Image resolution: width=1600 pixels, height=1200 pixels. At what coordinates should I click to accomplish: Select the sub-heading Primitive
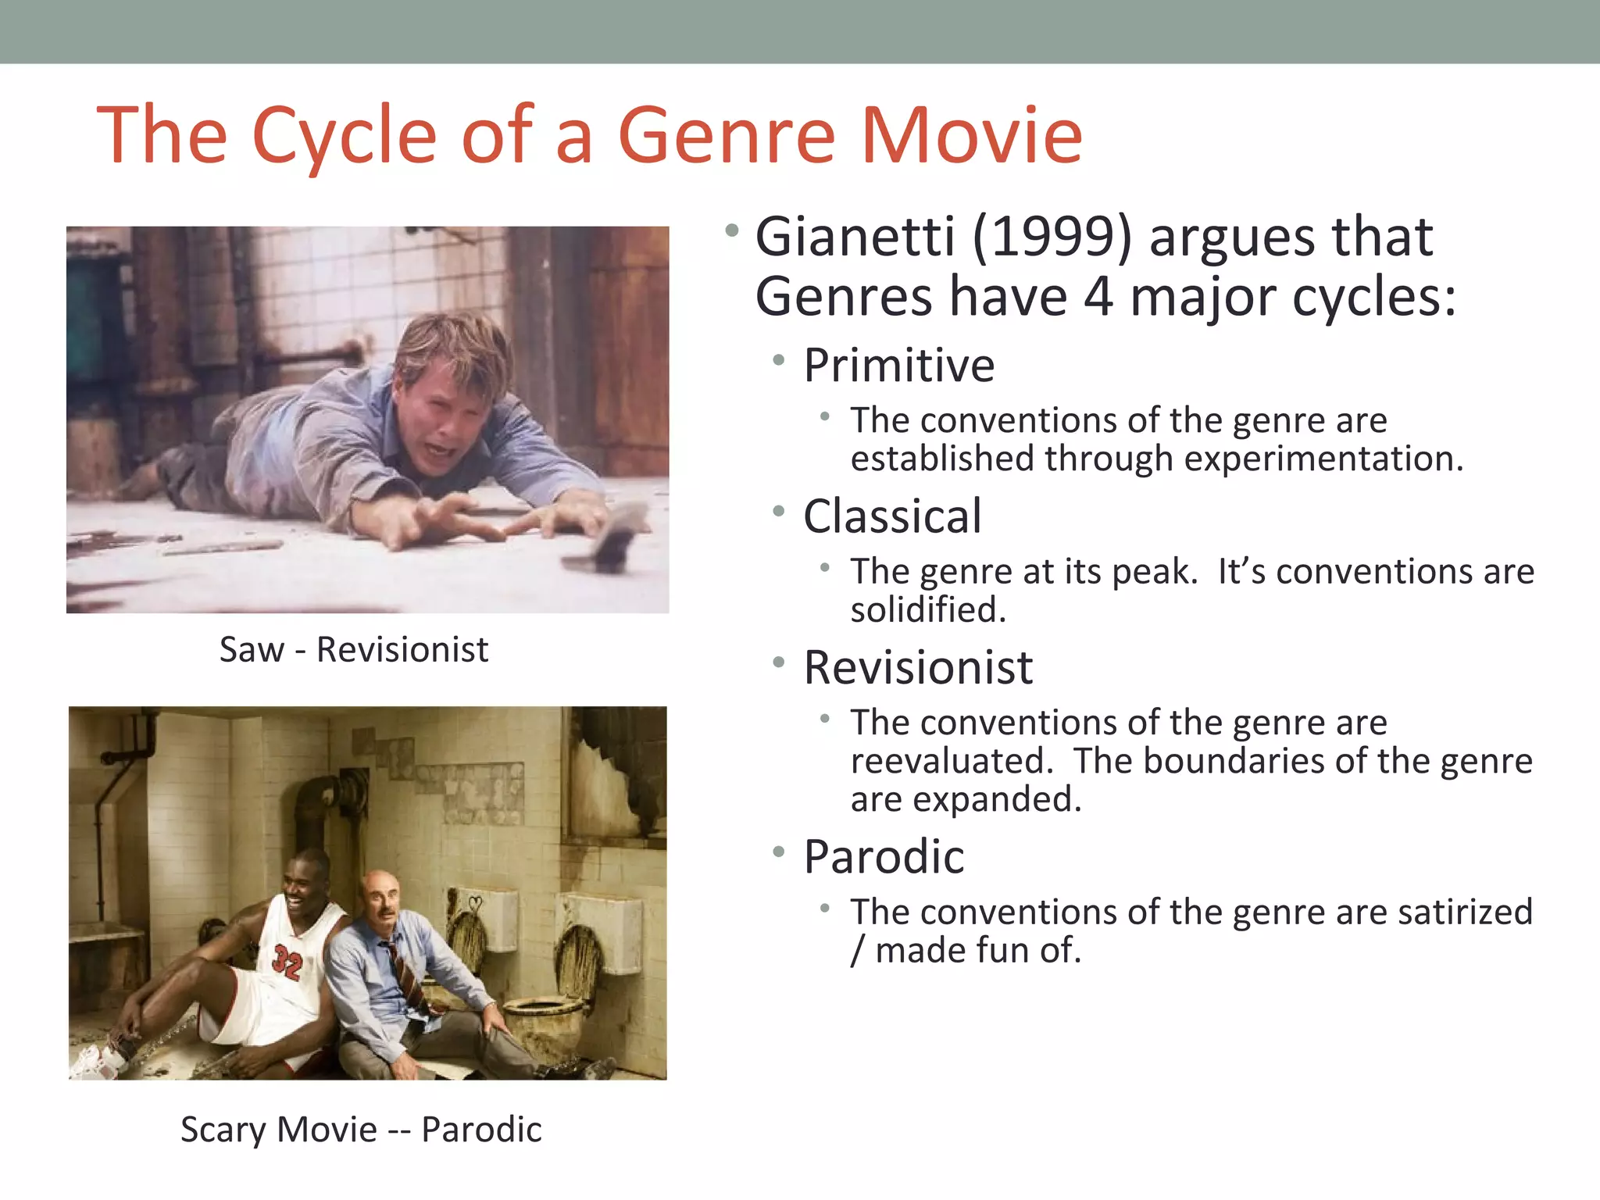point(899,365)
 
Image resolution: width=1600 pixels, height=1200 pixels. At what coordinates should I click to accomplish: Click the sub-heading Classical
point(892,516)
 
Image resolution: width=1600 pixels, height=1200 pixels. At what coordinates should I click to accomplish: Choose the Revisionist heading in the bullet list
point(918,668)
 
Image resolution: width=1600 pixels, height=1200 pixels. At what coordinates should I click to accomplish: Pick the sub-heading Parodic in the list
point(884,857)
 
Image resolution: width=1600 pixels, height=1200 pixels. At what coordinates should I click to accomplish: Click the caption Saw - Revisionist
point(353,650)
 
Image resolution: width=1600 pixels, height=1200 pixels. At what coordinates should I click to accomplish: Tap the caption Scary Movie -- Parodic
point(361,1130)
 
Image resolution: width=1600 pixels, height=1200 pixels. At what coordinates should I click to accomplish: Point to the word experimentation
point(1323,459)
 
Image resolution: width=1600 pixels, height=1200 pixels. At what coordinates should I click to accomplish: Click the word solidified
point(928,610)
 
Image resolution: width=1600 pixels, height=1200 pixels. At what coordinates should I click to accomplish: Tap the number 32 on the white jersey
point(287,963)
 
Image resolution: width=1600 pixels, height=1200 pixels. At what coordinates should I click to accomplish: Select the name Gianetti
point(855,237)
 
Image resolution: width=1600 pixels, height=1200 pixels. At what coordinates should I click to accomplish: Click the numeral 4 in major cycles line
point(1098,298)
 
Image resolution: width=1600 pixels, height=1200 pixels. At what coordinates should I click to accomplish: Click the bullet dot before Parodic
point(778,852)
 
